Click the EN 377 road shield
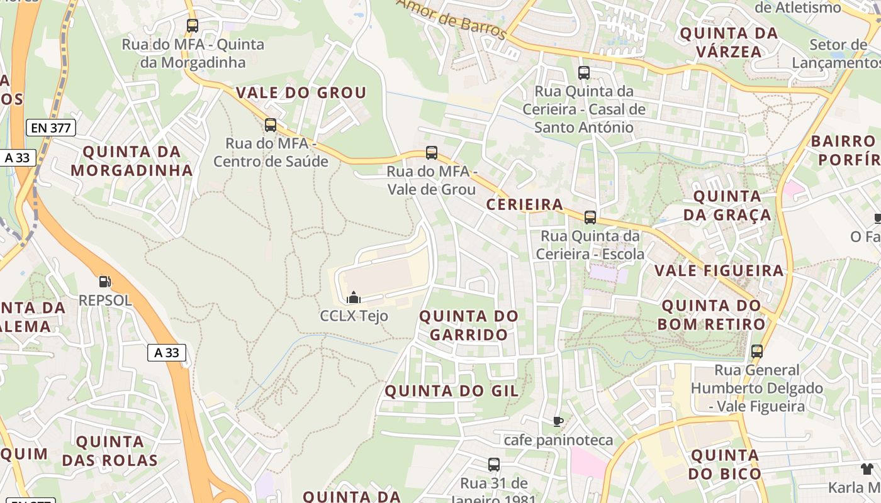coord(51,128)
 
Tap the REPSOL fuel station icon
coord(105,282)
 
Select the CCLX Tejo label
coord(354,316)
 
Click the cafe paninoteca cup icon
coord(558,421)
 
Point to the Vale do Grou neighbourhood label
coord(301,93)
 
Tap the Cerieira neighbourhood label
coord(525,204)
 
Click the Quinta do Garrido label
coord(469,325)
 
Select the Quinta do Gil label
coord(452,391)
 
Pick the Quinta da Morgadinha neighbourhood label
coord(132,161)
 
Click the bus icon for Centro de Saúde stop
coord(271,124)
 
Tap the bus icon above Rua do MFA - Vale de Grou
coord(432,152)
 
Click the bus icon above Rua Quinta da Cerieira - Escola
coord(590,218)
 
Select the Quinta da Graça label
coord(727,206)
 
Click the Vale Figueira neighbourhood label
coord(719,271)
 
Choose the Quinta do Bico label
coord(725,464)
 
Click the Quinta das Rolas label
coord(110,451)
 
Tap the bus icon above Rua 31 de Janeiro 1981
coord(494,465)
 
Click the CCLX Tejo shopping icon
coord(354,297)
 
